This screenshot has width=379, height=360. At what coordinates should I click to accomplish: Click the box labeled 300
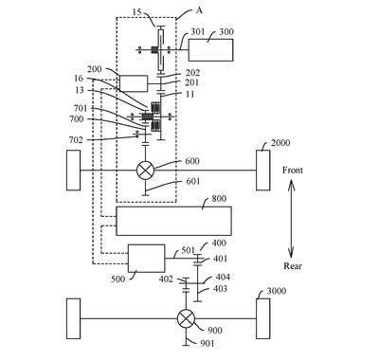pyautogui.click(x=211, y=50)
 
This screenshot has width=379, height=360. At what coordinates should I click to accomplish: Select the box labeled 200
pyautogui.click(x=134, y=83)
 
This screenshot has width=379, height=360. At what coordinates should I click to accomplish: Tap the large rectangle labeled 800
pyautogui.click(x=174, y=221)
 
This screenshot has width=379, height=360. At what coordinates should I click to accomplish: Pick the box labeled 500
pyautogui.click(x=146, y=259)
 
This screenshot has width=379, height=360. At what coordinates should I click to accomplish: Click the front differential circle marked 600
pyautogui.click(x=145, y=171)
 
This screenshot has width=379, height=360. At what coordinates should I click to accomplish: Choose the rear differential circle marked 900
pyautogui.click(x=186, y=318)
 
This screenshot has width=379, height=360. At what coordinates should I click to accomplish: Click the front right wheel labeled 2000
pyautogui.click(x=262, y=171)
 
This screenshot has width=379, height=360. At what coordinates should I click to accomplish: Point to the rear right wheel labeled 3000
pyautogui.click(x=262, y=318)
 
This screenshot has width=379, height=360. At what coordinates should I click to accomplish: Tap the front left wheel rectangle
pyautogui.click(x=73, y=171)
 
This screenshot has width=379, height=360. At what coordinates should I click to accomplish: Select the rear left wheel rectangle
pyautogui.click(x=73, y=318)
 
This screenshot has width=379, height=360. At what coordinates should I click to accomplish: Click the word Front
pyautogui.click(x=293, y=171)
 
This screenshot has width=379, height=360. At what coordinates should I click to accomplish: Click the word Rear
pyautogui.click(x=293, y=266)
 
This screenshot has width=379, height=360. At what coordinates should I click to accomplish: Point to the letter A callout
pyautogui.click(x=199, y=10)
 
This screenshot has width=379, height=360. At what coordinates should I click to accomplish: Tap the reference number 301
pyautogui.click(x=198, y=32)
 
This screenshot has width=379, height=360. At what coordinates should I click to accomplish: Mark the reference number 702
pyautogui.click(x=76, y=140)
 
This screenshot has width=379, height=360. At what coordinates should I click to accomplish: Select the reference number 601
pyautogui.click(x=192, y=181)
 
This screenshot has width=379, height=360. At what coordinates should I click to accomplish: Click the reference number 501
pyautogui.click(x=189, y=250)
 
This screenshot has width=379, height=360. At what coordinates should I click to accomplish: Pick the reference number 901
pyautogui.click(x=207, y=343)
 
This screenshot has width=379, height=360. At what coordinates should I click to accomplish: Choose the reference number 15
pyautogui.click(x=136, y=12)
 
